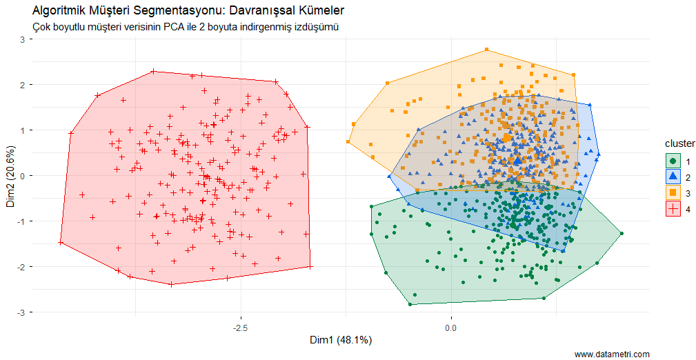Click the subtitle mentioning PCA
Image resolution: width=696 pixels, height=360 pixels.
coord(186,27)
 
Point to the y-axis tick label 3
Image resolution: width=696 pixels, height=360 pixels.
coord(22,39)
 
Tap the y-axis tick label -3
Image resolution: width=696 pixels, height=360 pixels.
coord(21,312)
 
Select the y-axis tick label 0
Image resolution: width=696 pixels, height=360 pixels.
coord(22,176)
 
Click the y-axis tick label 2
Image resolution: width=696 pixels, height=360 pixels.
coord(22,85)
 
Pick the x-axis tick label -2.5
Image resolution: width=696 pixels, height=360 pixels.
coord(240,326)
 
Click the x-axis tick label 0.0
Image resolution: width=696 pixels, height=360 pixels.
coord(451,326)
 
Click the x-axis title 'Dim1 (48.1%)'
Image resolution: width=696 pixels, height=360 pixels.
coord(341,340)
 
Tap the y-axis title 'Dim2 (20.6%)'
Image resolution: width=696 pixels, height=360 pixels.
coord(10,176)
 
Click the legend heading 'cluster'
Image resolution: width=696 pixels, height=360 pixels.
coord(679,143)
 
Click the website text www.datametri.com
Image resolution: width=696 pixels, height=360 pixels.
coord(612,354)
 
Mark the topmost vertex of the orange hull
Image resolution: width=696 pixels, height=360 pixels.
coord(486,50)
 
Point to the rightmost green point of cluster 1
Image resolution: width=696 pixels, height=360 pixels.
coord(622,234)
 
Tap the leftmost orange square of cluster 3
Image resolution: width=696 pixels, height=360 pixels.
coord(348,142)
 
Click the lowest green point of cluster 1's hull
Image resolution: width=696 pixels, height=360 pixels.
coord(410,304)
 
